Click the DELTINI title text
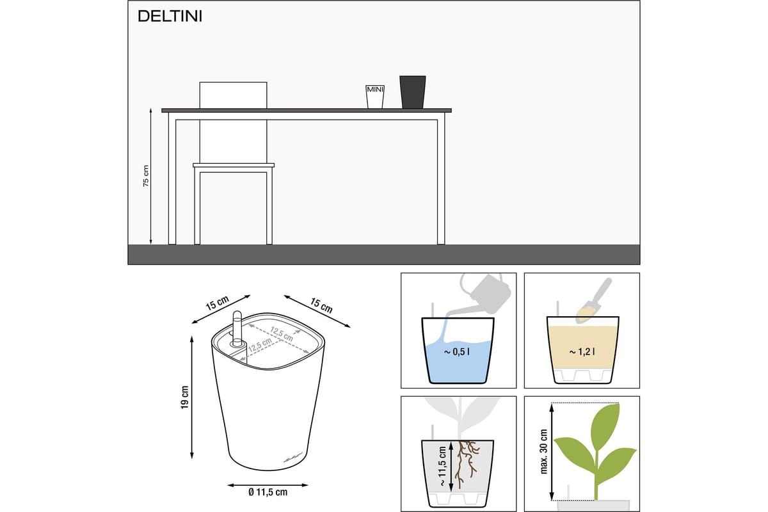(x=170, y=16)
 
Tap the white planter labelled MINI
(x=375, y=97)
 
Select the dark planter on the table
(x=412, y=92)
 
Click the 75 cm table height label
(x=146, y=176)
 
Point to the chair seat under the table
(x=234, y=165)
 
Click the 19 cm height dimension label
(x=185, y=397)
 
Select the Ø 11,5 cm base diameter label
(x=268, y=492)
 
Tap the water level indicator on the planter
(x=237, y=328)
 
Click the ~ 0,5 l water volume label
(x=457, y=352)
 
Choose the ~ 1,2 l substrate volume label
(x=582, y=352)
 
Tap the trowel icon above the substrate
(x=593, y=300)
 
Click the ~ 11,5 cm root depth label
(x=442, y=466)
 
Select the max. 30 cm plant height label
(x=544, y=451)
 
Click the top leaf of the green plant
(x=606, y=425)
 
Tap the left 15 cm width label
(x=217, y=303)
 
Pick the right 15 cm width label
(x=321, y=305)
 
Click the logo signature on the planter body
(x=293, y=458)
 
